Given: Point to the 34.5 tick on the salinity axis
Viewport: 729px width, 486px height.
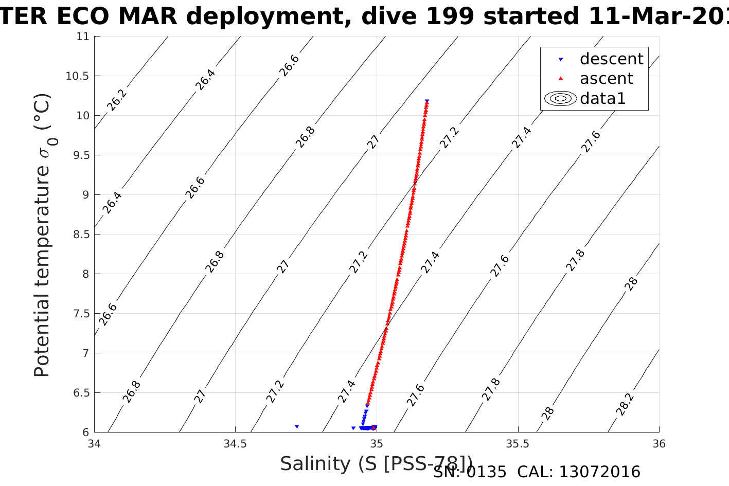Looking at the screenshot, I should [236, 444].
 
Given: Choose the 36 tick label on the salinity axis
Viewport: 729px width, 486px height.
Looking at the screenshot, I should [659, 444].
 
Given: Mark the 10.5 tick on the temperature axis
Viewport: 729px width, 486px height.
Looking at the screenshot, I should [77, 76].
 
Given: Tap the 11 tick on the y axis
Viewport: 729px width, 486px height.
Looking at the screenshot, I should [83, 37].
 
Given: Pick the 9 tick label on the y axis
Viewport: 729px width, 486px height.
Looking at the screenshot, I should [85, 195].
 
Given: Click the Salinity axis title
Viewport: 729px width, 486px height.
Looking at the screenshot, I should [376, 464].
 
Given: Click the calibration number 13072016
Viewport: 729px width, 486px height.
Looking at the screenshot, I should [599, 472].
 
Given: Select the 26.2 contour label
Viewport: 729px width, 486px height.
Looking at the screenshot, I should [116, 100].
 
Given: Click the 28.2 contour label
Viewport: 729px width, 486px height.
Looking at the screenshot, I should [625, 404].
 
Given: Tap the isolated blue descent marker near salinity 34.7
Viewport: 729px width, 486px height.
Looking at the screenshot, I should [297, 427].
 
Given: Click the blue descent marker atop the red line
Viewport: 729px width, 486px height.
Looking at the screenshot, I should [427, 101].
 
